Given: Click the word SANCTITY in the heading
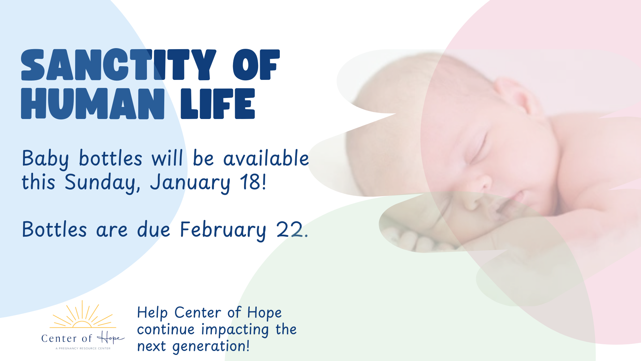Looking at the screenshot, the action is pyautogui.click(x=119, y=65).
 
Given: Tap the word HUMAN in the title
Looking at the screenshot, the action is pyautogui.click(x=93, y=104).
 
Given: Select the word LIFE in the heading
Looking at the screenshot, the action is pyautogui.click(x=218, y=104).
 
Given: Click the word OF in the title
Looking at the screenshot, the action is pyautogui.click(x=256, y=65).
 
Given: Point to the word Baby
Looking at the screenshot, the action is pyautogui.click(x=45, y=159).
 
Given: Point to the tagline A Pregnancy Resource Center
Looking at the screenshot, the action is pyautogui.click(x=83, y=348).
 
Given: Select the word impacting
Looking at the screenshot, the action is pyautogui.click(x=235, y=330).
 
